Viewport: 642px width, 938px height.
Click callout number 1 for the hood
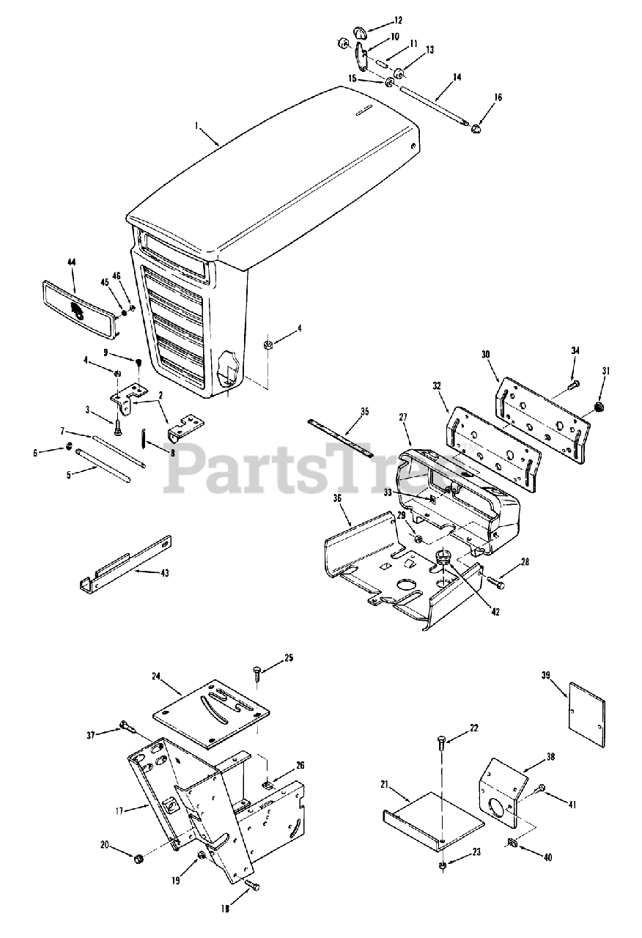pyautogui.click(x=197, y=127)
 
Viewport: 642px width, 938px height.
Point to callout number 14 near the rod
pyautogui.click(x=457, y=76)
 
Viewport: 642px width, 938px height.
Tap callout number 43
pyautogui.click(x=164, y=572)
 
